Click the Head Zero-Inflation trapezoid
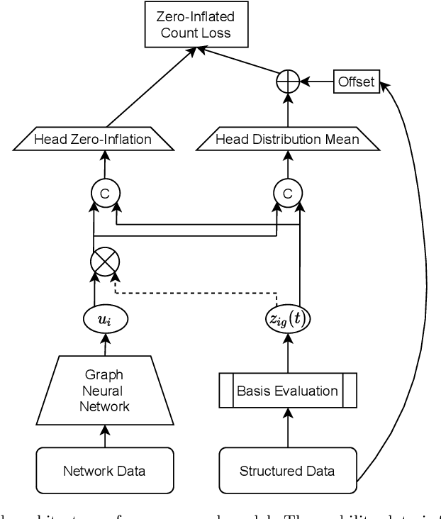tap(93, 139)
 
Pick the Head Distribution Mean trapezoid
tap(288, 139)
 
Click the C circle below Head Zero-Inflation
tap(104, 191)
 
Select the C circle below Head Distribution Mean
tap(288, 191)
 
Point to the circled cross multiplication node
tap(104, 263)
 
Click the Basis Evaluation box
tap(288, 391)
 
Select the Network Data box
tap(104, 470)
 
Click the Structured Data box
tap(288, 470)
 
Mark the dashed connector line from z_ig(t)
tap(199, 291)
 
